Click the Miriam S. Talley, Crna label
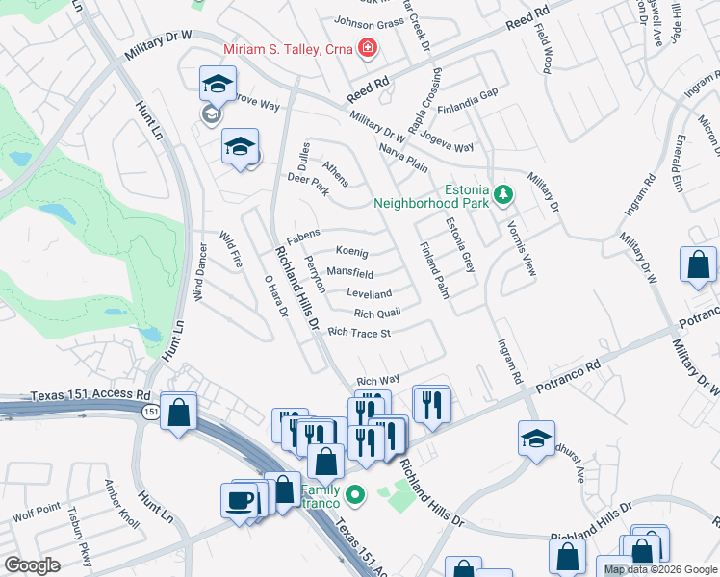[x=287, y=49]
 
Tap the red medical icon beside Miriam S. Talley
[x=367, y=47]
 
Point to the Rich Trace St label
[x=358, y=334]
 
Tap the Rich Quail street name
[x=376, y=314]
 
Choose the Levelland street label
[x=369, y=293]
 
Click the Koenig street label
[x=351, y=252]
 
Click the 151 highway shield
[x=150, y=412]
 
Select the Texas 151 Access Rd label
[x=90, y=394]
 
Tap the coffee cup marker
[x=238, y=499]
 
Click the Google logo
[x=32, y=565]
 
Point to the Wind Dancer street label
[x=200, y=278]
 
